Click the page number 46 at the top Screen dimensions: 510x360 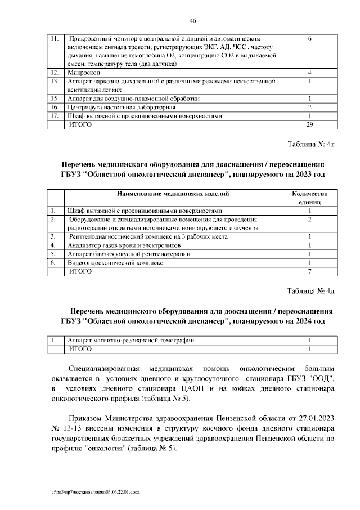(x=192, y=20)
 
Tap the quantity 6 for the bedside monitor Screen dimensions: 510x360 (x=310, y=39)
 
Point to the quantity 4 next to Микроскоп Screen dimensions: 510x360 (x=310, y=73)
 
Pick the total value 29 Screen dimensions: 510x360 (x=310, y=124)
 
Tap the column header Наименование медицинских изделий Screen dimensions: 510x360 (x=173, y=194)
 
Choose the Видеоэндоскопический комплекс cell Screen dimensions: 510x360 (x=115, y=262)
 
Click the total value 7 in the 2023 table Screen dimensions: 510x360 (x=310, y=271)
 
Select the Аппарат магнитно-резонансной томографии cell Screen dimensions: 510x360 (x=131, y=341)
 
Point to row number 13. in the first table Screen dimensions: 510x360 (x=55, y=81)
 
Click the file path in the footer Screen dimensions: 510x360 (x=94, y=491)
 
